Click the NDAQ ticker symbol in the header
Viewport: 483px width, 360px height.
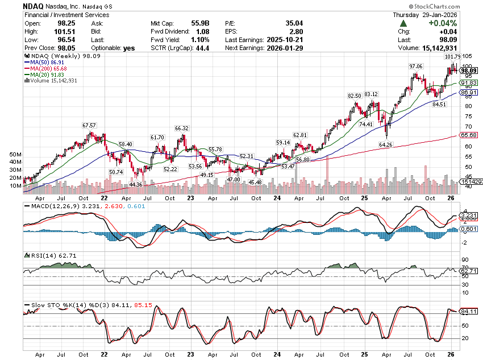34,5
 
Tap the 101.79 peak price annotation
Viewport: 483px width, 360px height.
452,57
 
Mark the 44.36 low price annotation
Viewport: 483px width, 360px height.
136,184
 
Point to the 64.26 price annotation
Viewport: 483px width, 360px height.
385,144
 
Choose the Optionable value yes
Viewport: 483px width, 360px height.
129,48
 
